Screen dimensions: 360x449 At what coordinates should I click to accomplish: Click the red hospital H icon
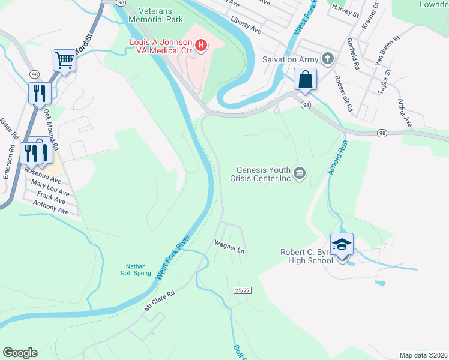(202, 44)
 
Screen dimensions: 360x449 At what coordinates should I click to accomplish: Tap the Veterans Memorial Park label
(160, 15)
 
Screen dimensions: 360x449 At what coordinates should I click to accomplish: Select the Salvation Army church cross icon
(327, 59)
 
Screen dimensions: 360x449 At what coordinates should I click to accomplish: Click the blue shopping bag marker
(305, 79)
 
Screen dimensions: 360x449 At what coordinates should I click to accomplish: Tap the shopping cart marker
(64, 60)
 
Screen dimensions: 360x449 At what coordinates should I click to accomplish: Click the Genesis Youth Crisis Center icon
(301, 174)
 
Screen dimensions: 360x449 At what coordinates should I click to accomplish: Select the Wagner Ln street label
(230, 245)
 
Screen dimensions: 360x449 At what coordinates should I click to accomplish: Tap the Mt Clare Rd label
(159, 301)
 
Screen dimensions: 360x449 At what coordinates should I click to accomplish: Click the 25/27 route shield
(241, 290)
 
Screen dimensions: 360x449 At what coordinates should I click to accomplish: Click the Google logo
(20, 353)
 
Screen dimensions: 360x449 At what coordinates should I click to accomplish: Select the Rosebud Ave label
(43, 175)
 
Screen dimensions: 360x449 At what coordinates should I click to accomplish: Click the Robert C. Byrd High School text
(306, 256)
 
